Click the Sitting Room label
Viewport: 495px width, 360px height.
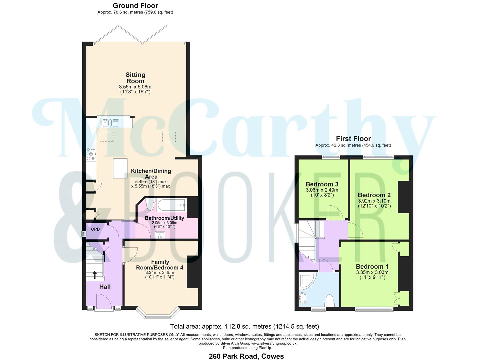pyautogui.click(x=135, y=78)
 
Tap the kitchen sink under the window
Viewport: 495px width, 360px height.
pyautogui.click(x=106, y=123)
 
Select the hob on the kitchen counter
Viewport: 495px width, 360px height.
pyautogui.click(x=91, y=154)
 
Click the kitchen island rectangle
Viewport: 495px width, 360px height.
pyautogui.click(x=120, y=168)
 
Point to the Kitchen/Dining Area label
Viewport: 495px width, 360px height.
pyautogui.click(x=151, y=174)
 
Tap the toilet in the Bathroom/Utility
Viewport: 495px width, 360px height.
pyautogui.click(x=150, y=204)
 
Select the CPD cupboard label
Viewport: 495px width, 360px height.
pyautogui.click(x=95, y=229)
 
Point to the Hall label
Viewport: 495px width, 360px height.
pyautogui.click(x=105, y=287)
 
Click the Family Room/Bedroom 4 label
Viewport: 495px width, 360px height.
pyautogui.click(x=160, y=265)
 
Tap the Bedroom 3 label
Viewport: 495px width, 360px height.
pyautogui.click(x=322, y=184)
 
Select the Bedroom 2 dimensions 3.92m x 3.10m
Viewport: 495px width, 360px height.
pyautogui.click(x=374, y=201)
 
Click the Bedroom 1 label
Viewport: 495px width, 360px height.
pyautogui.click(x=372, y=266)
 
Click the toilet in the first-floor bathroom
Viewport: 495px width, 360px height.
pyautogui.click(x=330, y=300)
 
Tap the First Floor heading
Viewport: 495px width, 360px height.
pyautogui.click(x=353, y=139)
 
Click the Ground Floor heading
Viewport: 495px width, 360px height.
pyautogui.click(x=135, y=6)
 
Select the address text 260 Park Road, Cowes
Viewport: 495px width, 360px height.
pyautogui.click(x=246, y=356)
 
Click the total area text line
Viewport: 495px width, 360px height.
pyautogui.click(x=244, y=326)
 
